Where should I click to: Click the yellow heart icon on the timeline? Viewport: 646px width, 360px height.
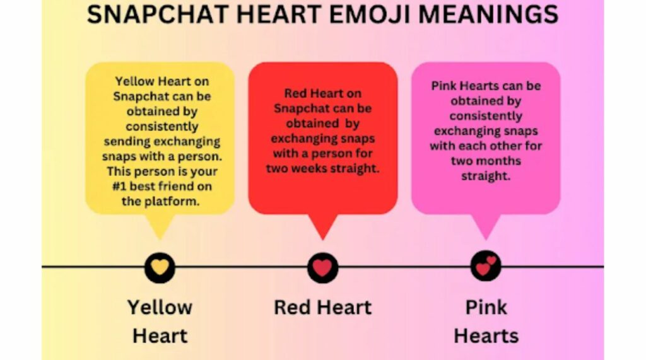160,267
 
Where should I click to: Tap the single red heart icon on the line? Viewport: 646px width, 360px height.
323,267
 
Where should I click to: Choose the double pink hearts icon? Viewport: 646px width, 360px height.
486,267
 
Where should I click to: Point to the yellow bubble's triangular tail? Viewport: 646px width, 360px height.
160,228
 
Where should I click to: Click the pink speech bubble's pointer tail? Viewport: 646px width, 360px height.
486,228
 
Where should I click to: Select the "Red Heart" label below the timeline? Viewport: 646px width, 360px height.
322,308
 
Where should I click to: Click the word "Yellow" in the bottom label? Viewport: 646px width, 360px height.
160,308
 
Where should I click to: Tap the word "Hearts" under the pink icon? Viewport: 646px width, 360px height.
486,335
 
